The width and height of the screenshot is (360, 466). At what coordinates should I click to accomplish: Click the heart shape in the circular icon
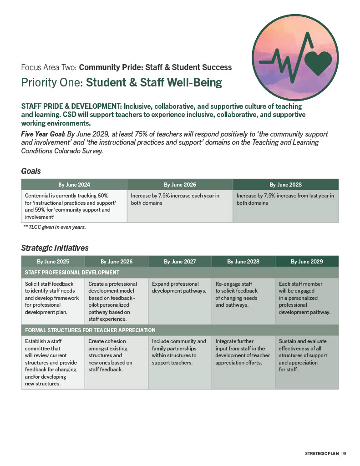319,62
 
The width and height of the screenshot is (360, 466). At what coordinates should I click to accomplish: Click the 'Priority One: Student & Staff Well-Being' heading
122,82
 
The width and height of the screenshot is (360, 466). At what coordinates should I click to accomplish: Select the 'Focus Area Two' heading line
126,67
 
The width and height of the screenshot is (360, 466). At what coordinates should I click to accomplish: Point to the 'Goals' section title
31,171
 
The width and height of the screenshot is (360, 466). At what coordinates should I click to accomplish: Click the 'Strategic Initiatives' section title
55,248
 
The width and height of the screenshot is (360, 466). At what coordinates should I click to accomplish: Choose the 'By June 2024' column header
74,185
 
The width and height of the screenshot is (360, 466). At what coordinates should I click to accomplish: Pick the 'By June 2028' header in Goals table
285,185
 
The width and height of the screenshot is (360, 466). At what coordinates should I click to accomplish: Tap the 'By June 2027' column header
180,262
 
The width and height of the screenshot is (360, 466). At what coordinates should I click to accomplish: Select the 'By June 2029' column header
307,262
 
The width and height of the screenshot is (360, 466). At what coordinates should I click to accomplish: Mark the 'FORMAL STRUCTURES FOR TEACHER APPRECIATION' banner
90,330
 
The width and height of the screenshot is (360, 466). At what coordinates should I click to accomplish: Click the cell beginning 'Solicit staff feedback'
53,298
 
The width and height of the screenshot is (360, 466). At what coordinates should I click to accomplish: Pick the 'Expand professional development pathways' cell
179,287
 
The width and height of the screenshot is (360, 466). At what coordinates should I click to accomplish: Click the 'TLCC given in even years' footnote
54,227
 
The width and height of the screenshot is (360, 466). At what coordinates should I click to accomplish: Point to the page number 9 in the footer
345,453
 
